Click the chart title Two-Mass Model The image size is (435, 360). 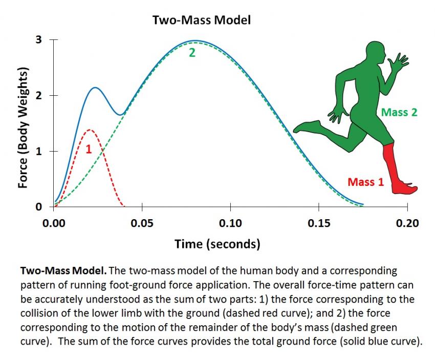point(201,20)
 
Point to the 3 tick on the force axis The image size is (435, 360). point(38,40)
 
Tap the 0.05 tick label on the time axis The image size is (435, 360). point(142,223)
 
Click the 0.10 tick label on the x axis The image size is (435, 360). point(230,223)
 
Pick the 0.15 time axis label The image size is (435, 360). point(318,223)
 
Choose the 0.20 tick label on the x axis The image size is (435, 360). point(407,223)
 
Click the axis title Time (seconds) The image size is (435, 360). point(217,244)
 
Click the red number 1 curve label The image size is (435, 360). point(88,150)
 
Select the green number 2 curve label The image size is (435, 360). point(192,52)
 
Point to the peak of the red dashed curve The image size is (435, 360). point(90,130)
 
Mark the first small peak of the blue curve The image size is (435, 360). point(95,88)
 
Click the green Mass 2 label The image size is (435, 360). point(399,112)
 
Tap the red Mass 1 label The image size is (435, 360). point(365,181)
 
